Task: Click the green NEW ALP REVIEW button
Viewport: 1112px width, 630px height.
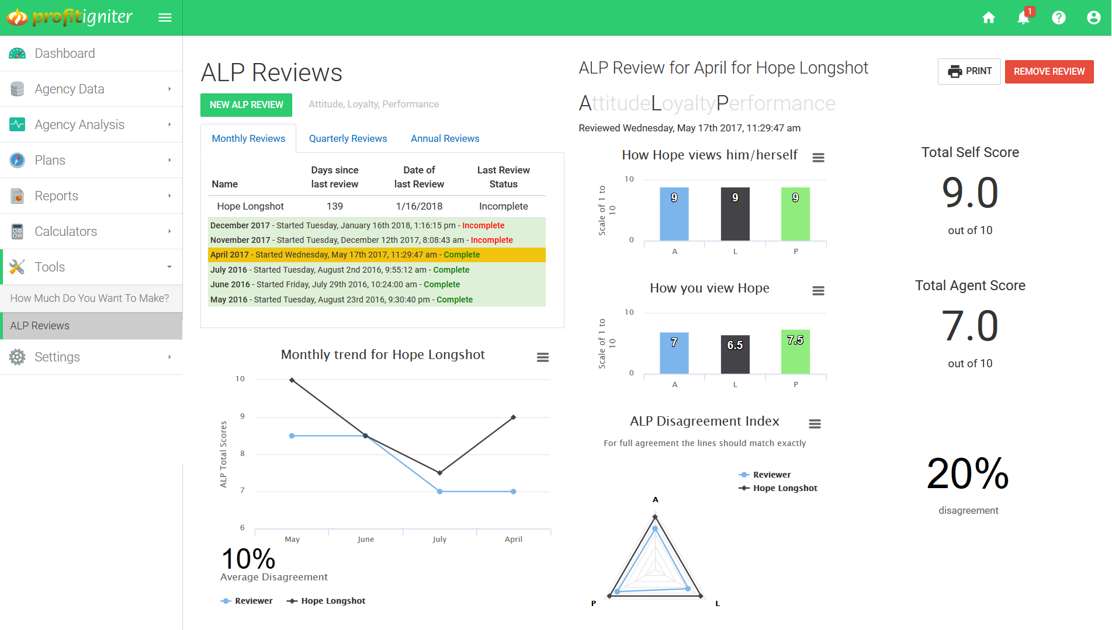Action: [x=246, y=105]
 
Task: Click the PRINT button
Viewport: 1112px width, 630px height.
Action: [x=969, y=71]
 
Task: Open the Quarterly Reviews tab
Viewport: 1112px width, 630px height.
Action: [x=348, y=138]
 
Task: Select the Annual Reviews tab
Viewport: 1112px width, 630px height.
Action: [x=445, y=138]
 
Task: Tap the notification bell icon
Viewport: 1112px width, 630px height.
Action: [x=1023, y=18]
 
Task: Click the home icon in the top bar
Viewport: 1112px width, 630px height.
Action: [x=988, y=18]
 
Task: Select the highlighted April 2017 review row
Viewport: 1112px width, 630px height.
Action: [x=376, y=255]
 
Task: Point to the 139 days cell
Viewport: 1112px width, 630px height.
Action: [x=335, y=206]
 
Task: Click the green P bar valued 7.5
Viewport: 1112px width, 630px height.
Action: [x=795, y=351]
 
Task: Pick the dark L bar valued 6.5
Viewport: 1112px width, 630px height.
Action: [x=735, y=354]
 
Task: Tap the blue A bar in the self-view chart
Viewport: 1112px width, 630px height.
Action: [x=674, y=214]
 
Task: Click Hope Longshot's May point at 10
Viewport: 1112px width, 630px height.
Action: [x=292, y=380]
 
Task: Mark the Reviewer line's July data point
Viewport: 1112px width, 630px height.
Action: [x=440, y=492]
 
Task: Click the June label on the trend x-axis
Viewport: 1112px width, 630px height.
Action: [x=366, y=539]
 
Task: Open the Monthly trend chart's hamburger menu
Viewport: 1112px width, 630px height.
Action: [x=542, y=357]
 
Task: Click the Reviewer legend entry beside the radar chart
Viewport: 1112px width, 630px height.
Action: [x=771, y=475]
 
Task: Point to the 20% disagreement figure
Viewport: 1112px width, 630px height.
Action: [x=968, y=474]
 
